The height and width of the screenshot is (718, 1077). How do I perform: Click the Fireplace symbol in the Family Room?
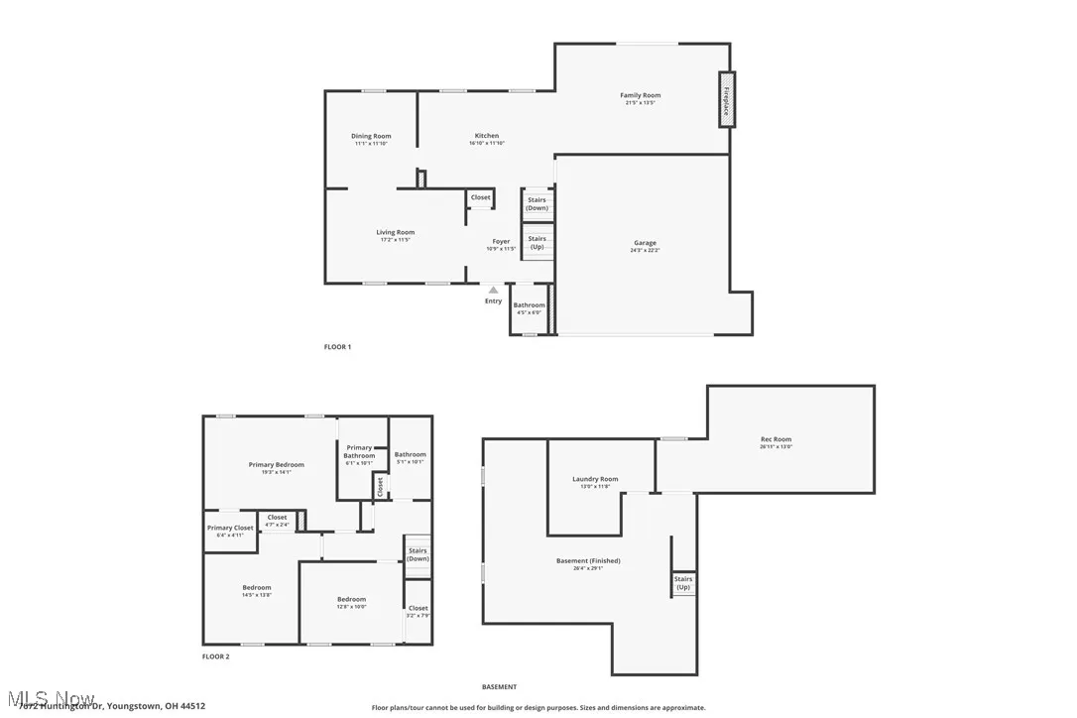click(726, 99)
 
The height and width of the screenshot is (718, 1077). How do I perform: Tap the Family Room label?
click(641, 96)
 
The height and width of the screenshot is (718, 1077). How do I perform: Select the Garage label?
click(645, 243)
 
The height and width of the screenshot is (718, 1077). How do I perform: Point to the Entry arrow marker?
click(493, 291)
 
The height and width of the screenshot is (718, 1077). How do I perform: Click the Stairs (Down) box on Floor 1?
click(537, 204)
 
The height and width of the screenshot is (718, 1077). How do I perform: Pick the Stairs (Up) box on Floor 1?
click(537, 242)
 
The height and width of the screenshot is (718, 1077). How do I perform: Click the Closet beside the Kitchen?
click(480, 198)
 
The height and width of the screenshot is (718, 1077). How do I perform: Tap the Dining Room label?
click(371, 136)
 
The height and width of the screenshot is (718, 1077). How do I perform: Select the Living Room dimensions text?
click(395, 240)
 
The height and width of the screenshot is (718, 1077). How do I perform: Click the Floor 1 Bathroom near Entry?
click(529, 308)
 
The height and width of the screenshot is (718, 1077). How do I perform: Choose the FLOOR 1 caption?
click(337, 347)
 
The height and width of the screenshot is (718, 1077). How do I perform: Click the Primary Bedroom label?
click(276, 464)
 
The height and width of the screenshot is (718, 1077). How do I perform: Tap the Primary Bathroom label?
click(359, 451)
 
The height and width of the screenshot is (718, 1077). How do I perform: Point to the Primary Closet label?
click(230, 528)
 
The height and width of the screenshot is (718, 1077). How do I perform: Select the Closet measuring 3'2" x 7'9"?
click(418, 611)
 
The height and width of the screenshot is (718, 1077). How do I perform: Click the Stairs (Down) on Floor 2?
click(418, 554)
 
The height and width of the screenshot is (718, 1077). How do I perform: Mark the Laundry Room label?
click(595, 479)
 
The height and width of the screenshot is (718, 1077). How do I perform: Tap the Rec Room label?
click(776, 439)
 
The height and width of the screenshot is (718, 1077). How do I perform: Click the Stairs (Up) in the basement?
click(683, 583)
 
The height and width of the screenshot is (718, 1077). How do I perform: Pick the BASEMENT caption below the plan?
click(499, 687)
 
